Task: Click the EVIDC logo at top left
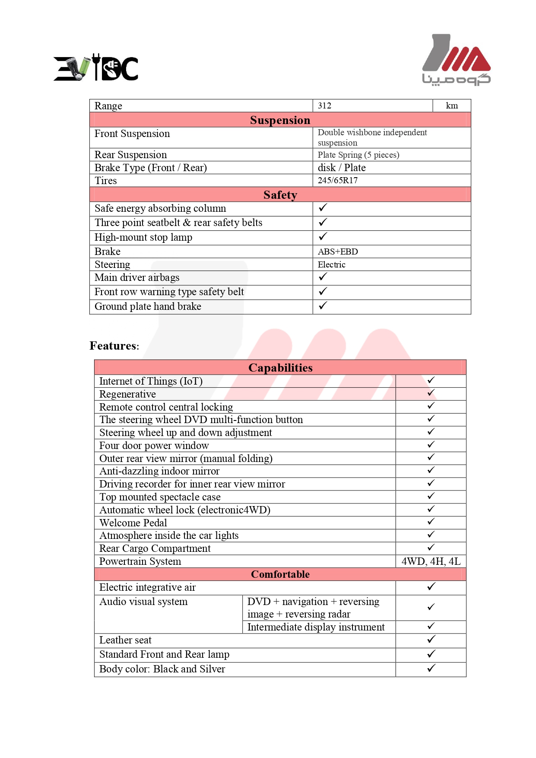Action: tap(96, 68)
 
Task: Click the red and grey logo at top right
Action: tap(456, 60)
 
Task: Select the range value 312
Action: tap(325, 106)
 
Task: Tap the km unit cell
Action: tap(452, 106)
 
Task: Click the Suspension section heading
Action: tap(280, 120)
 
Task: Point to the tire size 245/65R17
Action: tap(338, 181)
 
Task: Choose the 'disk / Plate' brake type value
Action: tap(342, 168)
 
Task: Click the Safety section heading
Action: tap(280, 195)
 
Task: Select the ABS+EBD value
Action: tap(338, 252)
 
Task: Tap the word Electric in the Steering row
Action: tap(332, 264)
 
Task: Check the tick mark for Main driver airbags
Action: tap(323, 277)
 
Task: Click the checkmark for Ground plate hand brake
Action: tap(323, 306)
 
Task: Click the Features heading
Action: tap(114, 346)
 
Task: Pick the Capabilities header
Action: tap(280, 368)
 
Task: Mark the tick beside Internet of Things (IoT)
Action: tap(431, 380)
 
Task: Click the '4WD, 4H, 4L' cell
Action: tap(431, 561)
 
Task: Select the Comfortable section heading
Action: tap(280, 574)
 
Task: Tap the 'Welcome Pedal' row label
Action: tap(133, 523)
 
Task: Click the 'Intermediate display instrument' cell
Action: tap(316, 627)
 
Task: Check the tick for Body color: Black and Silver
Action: tap(431, 669)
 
